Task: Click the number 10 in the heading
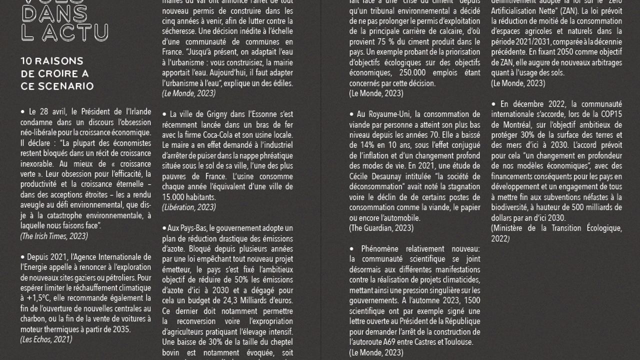26,61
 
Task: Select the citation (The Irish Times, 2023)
54,236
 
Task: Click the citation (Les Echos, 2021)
46,339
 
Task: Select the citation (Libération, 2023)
189,207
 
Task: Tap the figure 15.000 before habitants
177,197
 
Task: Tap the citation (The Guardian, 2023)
381,228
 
